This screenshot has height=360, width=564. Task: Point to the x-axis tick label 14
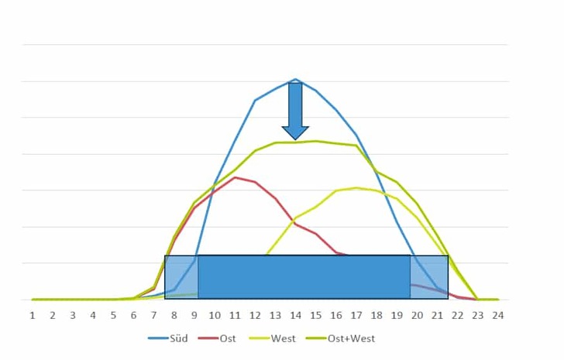(295, 315)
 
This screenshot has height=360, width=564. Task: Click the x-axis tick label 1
(33, 315)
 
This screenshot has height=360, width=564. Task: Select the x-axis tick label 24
(497, 315)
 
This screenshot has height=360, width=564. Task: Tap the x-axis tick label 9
(194, 315)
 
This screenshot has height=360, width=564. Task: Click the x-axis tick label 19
(397, 315)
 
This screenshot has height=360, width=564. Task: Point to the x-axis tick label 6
(133, 315)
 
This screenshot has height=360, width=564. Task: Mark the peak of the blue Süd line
(295, 79)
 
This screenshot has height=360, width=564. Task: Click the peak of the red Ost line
(235, 177)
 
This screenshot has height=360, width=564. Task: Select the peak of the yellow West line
(356, 187)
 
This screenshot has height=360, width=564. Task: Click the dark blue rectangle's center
(304, 277)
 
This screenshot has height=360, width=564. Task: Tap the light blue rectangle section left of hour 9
(181, 277)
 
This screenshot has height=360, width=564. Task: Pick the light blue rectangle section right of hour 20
(429, 277)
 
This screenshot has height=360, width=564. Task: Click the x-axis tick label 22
(457, 315)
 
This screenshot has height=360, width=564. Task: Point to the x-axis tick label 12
(255, 315)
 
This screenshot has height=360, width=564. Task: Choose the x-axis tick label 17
(356, 315)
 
